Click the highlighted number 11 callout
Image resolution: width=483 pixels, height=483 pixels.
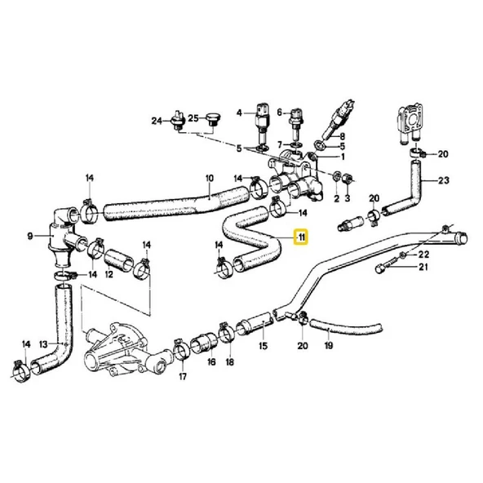click(301, 238)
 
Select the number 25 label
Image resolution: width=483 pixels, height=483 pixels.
click(193, 119)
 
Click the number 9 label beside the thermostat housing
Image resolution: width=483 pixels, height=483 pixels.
click(29, 237)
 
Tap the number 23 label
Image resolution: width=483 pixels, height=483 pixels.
click(444, 181)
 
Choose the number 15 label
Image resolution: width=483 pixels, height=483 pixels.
click(263, 345)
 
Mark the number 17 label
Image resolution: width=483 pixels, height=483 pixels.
click(183, 376)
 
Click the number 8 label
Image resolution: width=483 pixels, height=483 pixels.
click(342, 136)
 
